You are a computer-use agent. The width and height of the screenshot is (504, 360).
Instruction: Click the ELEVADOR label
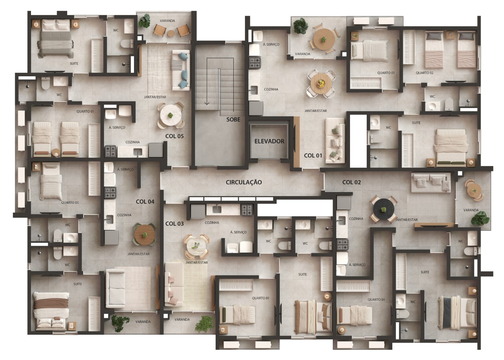(x=269, y=141)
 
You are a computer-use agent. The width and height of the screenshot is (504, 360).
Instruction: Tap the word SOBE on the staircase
(x=233, y=119)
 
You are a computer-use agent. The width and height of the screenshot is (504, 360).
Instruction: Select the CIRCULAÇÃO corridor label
(x=244, y=182)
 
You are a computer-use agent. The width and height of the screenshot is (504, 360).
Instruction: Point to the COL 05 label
(x=174, y=136)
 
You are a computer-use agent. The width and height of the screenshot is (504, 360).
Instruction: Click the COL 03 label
(x=174, y=224)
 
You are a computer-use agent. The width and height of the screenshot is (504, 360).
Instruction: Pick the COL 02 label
(x=351, y=182)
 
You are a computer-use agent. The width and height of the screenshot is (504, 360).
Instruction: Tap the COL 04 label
(x=145, y=202)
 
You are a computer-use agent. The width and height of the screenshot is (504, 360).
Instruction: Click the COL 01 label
(x=313, y=155)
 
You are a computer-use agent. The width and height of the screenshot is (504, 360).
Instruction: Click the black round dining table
(x=384, y=210)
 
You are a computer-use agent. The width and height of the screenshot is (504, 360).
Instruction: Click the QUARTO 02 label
(x=425, y=73)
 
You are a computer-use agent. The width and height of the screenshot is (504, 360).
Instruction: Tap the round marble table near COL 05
(x=170, y=115)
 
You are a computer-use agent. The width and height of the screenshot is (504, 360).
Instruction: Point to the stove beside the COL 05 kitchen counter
(x=110, y=151)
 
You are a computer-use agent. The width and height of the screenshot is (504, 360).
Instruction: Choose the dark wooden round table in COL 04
(x=144, y=235)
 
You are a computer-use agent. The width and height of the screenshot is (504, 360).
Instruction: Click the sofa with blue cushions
(x=181, y=70)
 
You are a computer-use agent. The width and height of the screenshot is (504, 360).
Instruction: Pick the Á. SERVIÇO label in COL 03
(x=239, y=232)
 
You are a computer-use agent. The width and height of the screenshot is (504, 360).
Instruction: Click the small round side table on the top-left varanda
(x=171, y=33)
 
